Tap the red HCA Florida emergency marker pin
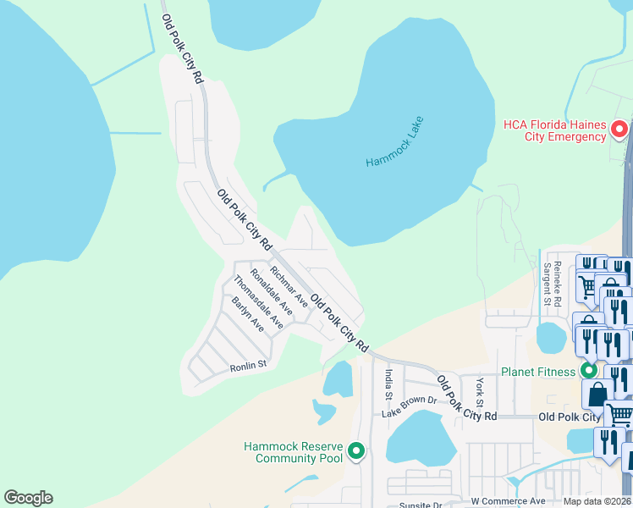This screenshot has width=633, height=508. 619,130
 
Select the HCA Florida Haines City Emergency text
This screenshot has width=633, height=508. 554,130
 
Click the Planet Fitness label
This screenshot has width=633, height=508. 537,371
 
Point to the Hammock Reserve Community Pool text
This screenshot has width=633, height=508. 293,452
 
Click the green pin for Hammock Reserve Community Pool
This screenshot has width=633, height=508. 356,453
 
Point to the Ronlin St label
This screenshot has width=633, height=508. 248,367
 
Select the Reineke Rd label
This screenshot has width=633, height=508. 558,279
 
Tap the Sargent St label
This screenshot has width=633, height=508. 548,284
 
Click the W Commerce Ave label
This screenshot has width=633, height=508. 508,501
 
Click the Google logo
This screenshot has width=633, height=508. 28,498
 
